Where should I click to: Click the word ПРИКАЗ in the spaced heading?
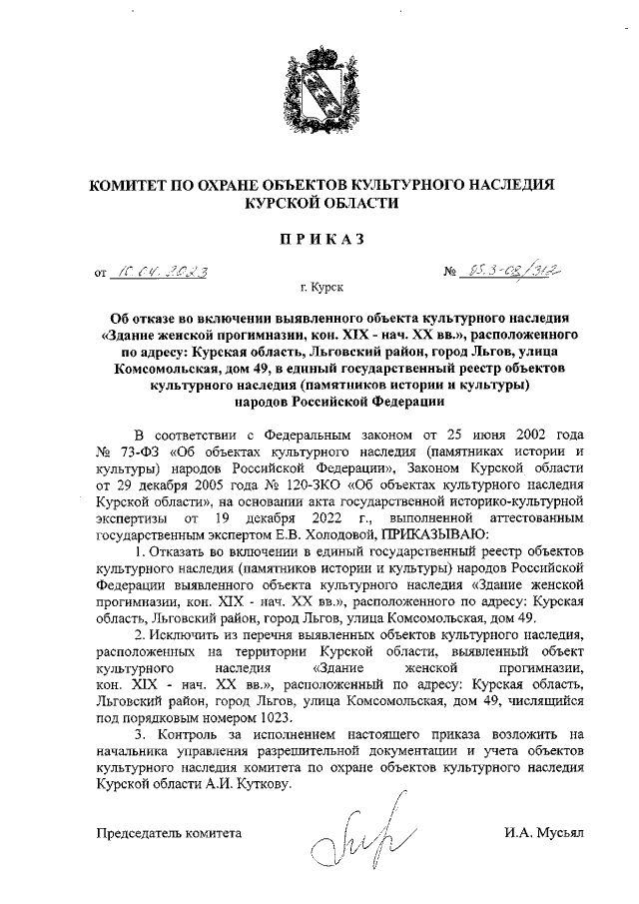320,238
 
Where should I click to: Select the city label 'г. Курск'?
320,288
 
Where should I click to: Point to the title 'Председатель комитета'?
169,831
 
